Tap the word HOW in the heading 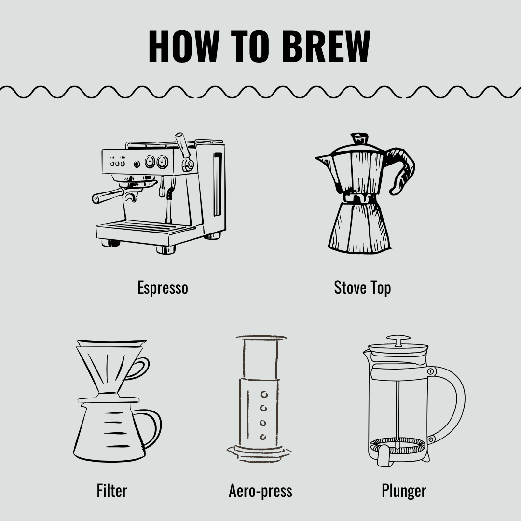[x=183, y=47]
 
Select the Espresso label [x=163, y=288]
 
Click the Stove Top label [x=362, y=288]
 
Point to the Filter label [x=112, y=491]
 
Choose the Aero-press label [x=260, y=491]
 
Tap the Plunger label [x=404, y=491]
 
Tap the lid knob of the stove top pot [x=359, y=138]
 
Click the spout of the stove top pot [x=322, y=159]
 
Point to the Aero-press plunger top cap [x=261, y=338]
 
